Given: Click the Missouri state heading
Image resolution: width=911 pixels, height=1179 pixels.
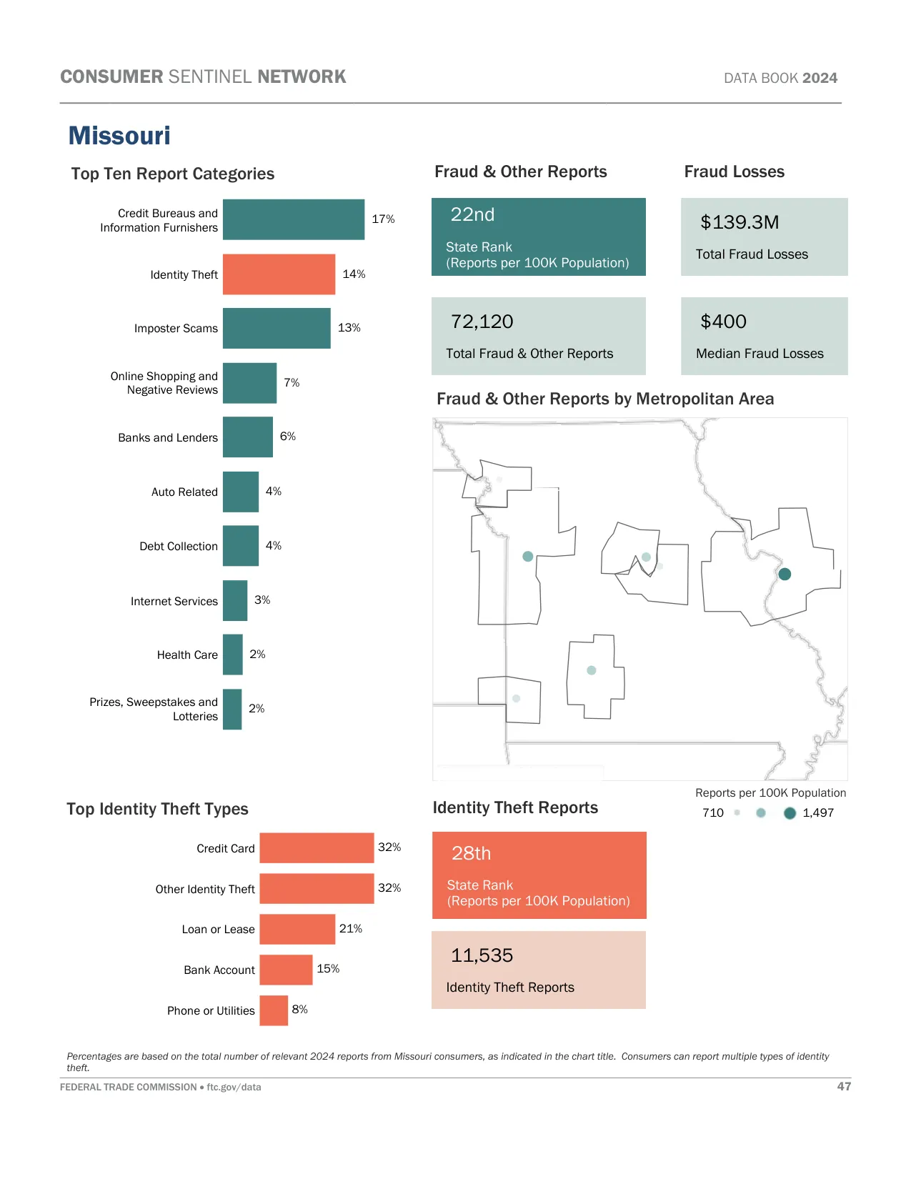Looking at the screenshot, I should (x=119, y=136).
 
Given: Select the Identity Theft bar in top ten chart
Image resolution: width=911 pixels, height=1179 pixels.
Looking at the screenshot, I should (x=279, y=274).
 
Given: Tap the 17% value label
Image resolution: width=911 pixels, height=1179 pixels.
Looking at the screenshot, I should (x=383, y=219).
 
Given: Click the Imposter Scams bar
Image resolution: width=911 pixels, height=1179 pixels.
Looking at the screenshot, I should (x=277, y=329).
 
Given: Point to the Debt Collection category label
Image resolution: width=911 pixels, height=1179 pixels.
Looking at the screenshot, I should (x=179, y=547).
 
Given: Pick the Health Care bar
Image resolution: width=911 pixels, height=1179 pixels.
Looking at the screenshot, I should (x=233, y=655).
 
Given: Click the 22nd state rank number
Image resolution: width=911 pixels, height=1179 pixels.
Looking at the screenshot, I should (x=472, y=215).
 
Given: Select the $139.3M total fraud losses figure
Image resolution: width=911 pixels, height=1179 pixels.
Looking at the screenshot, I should (x=740, y=222).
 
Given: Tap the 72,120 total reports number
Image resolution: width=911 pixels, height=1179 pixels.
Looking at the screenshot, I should (x=482, y=322).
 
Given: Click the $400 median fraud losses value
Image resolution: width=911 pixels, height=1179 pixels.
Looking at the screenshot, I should (x=723, y=322).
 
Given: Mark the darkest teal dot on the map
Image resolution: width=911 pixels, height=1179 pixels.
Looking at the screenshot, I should (x=785, y=574).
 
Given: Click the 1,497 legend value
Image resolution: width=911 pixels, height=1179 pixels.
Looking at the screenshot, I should (x=818, y=813).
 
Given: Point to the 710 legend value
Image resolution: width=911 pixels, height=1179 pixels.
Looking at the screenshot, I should (x=713, y=813).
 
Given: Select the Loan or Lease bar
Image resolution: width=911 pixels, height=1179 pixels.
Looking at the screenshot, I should (x=297, y=929).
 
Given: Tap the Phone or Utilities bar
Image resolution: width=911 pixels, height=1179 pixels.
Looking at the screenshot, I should (x=274, y=1010).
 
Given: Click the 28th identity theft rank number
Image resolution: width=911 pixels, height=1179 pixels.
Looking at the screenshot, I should (x=472, y=854).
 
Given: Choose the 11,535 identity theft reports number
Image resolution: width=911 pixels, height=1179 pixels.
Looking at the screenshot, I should (x=482, y=955).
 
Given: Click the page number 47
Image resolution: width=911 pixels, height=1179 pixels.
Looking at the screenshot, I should (x=844, y=1087).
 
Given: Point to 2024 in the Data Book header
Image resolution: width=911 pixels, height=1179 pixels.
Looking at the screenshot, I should (x=820, y=79).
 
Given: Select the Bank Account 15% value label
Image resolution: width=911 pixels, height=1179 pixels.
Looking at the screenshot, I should (x=328, y=969).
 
